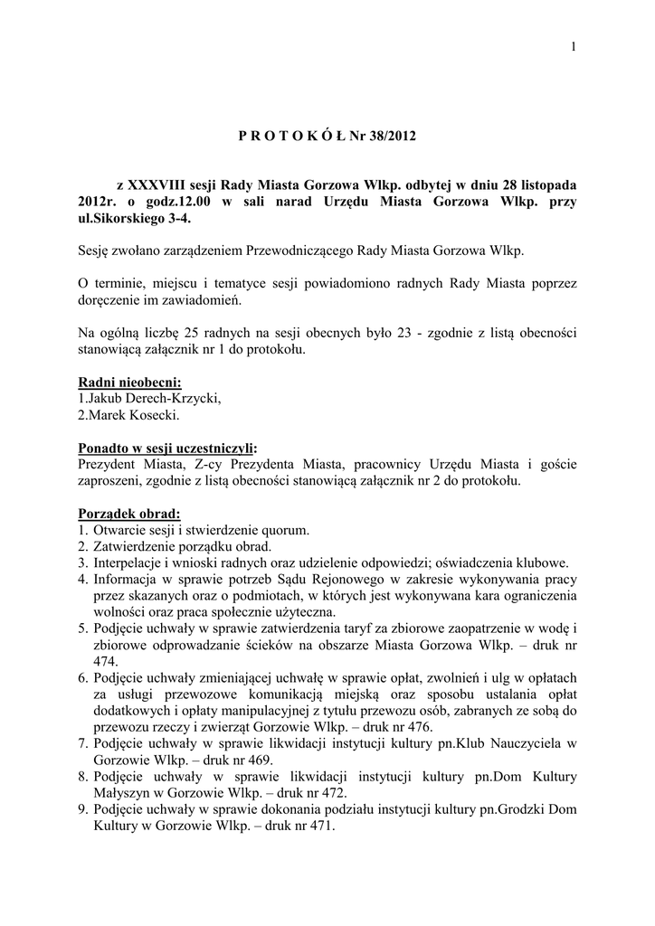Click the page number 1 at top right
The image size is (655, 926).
574,48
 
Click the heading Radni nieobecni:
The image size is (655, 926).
130,382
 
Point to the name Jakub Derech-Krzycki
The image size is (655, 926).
153,398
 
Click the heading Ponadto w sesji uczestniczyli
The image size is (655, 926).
166,448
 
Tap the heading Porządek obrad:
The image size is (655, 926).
129,514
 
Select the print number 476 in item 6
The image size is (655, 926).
417,727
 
